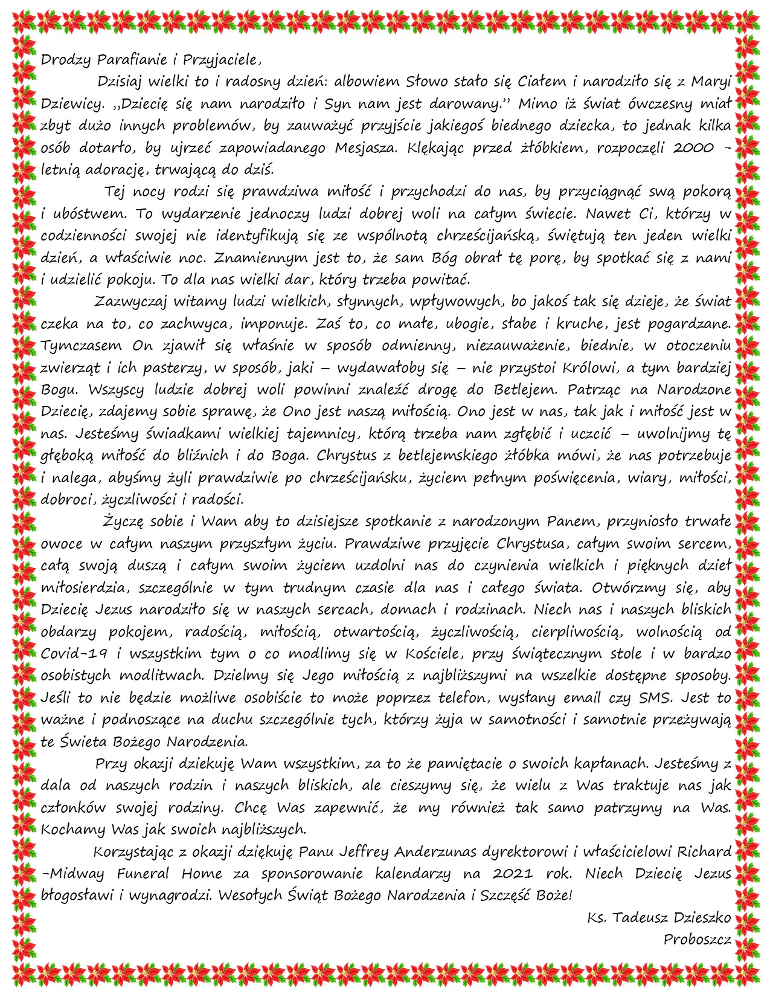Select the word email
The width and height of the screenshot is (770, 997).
point(581,697)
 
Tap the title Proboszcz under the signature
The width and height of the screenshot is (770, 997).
point(697,940)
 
